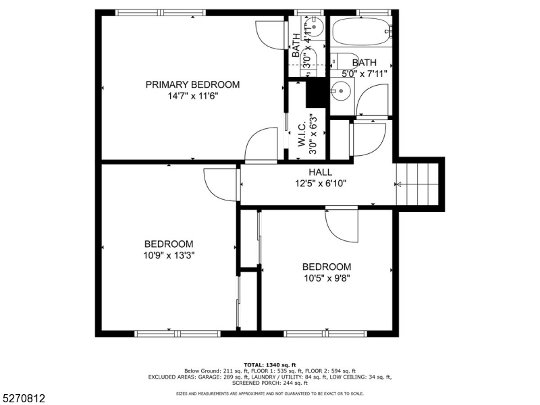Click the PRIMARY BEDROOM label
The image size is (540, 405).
click(192, 84)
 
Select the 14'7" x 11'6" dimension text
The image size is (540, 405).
click(192, 96)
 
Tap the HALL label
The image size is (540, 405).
click(321, 172)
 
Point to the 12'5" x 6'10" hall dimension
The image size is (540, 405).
click(321, 183)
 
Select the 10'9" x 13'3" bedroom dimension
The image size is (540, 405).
click(169, 255)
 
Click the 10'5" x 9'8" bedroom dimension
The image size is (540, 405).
click(326, 277)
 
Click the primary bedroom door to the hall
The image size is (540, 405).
click(260, 146)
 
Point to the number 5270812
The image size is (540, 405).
click(24, 399)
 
